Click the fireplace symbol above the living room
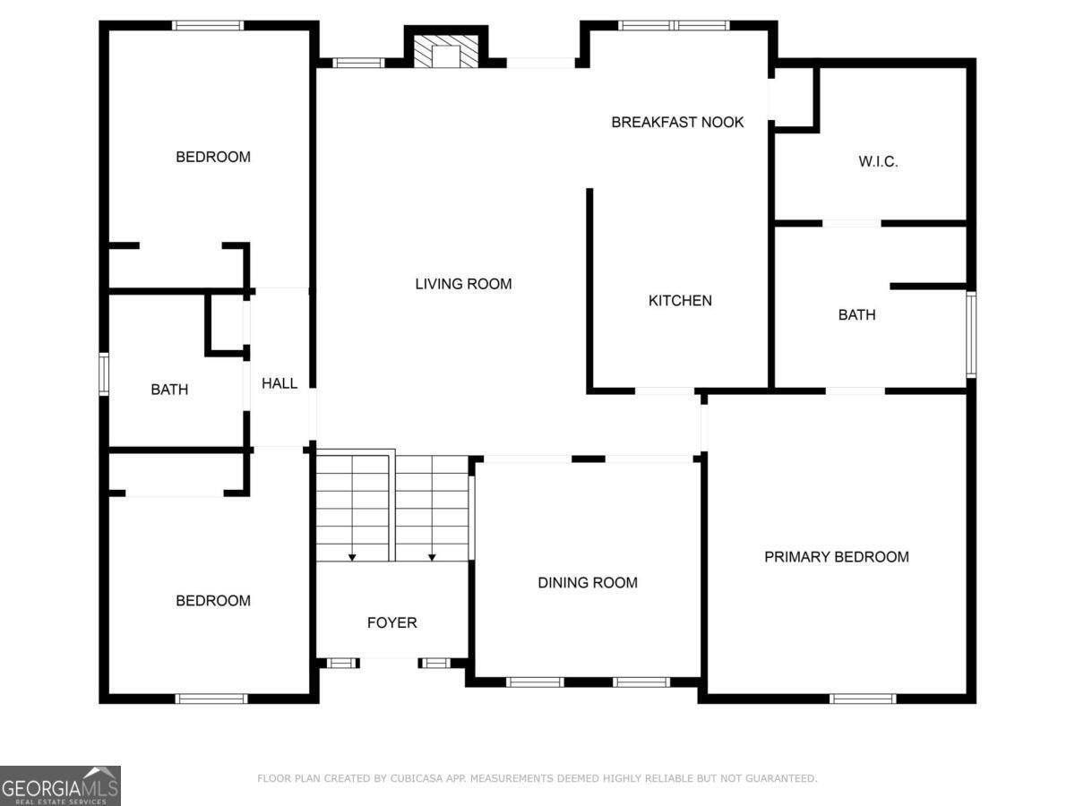pyautogui.click(x=445, y=53)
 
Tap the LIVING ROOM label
pyautogui.click(x=463, y=284)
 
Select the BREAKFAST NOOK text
pyautogui.click(x=677, y=122)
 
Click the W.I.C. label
pyautogui.click(x=878, y=162)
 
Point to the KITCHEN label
pyautogui.click(x=680, y=301)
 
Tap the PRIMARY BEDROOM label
pyautogui.click(x=836, y=557)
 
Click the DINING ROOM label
pyautogui.click(x=588, y=583)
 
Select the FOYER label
pyautogui.click(x=391, y=622)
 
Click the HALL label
pyautogui.click(x=279, y=383)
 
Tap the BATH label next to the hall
pyautogui.click(x=169, y=390)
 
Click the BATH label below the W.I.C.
pyautogui.click(x=856, y=315)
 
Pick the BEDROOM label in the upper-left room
pyautogui.click(x=213, y=157)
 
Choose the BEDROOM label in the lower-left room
pyautogui.click(x=213, y=601)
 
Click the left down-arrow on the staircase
pyautogui.click(x=352, y=557)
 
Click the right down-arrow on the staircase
pyautogui.click(x=432, y=557)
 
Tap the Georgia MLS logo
pyautogui.click(x=60, y=785)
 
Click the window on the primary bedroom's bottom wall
pyautogui.click(x=862, y=699)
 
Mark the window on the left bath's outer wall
pyautogui.click(x=104, y=374)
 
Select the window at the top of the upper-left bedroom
pyautogui.click(x=208, y=25)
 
